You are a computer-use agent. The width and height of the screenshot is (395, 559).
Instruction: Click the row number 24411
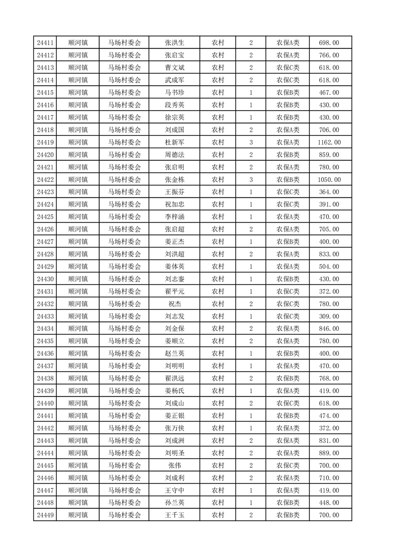[45, 43]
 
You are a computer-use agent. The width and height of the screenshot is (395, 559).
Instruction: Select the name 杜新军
[175, 142]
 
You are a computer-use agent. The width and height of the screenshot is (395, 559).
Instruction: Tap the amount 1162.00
[329, 142]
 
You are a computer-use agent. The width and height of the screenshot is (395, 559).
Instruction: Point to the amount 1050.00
[329, 180]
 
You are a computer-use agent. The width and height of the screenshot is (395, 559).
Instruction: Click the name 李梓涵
[175, 217]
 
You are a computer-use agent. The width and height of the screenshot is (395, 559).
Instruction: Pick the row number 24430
[45, 279]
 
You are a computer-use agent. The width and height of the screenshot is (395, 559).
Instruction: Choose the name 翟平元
[175, 291]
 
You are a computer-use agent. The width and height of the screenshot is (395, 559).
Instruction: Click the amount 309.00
[329, 316]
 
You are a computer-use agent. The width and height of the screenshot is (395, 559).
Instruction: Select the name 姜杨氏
[175, 391]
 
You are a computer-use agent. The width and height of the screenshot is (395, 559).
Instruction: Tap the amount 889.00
[329, 453]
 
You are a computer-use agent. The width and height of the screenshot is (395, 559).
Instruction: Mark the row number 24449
[45, 515]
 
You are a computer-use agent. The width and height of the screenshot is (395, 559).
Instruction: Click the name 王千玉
[175, 515]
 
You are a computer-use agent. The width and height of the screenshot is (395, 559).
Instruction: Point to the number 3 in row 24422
[251, 180]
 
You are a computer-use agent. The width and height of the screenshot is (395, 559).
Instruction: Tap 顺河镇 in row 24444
[78, 453]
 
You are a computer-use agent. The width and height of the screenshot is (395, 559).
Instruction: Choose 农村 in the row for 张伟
[218, 465]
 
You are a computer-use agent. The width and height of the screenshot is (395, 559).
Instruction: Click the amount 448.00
[329, 503]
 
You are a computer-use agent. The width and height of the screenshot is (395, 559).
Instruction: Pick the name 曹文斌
[175, 68]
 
